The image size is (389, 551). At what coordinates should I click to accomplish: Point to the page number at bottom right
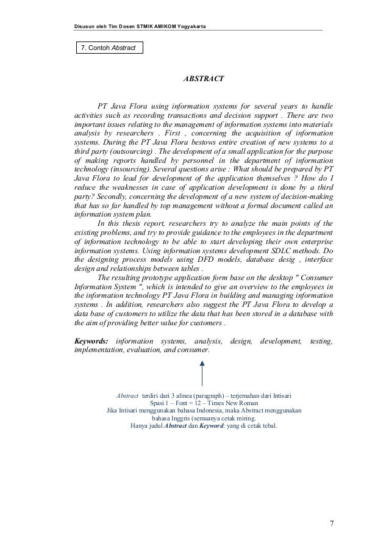(331, 523)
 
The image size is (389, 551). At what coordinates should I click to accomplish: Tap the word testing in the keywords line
(321, 340)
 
